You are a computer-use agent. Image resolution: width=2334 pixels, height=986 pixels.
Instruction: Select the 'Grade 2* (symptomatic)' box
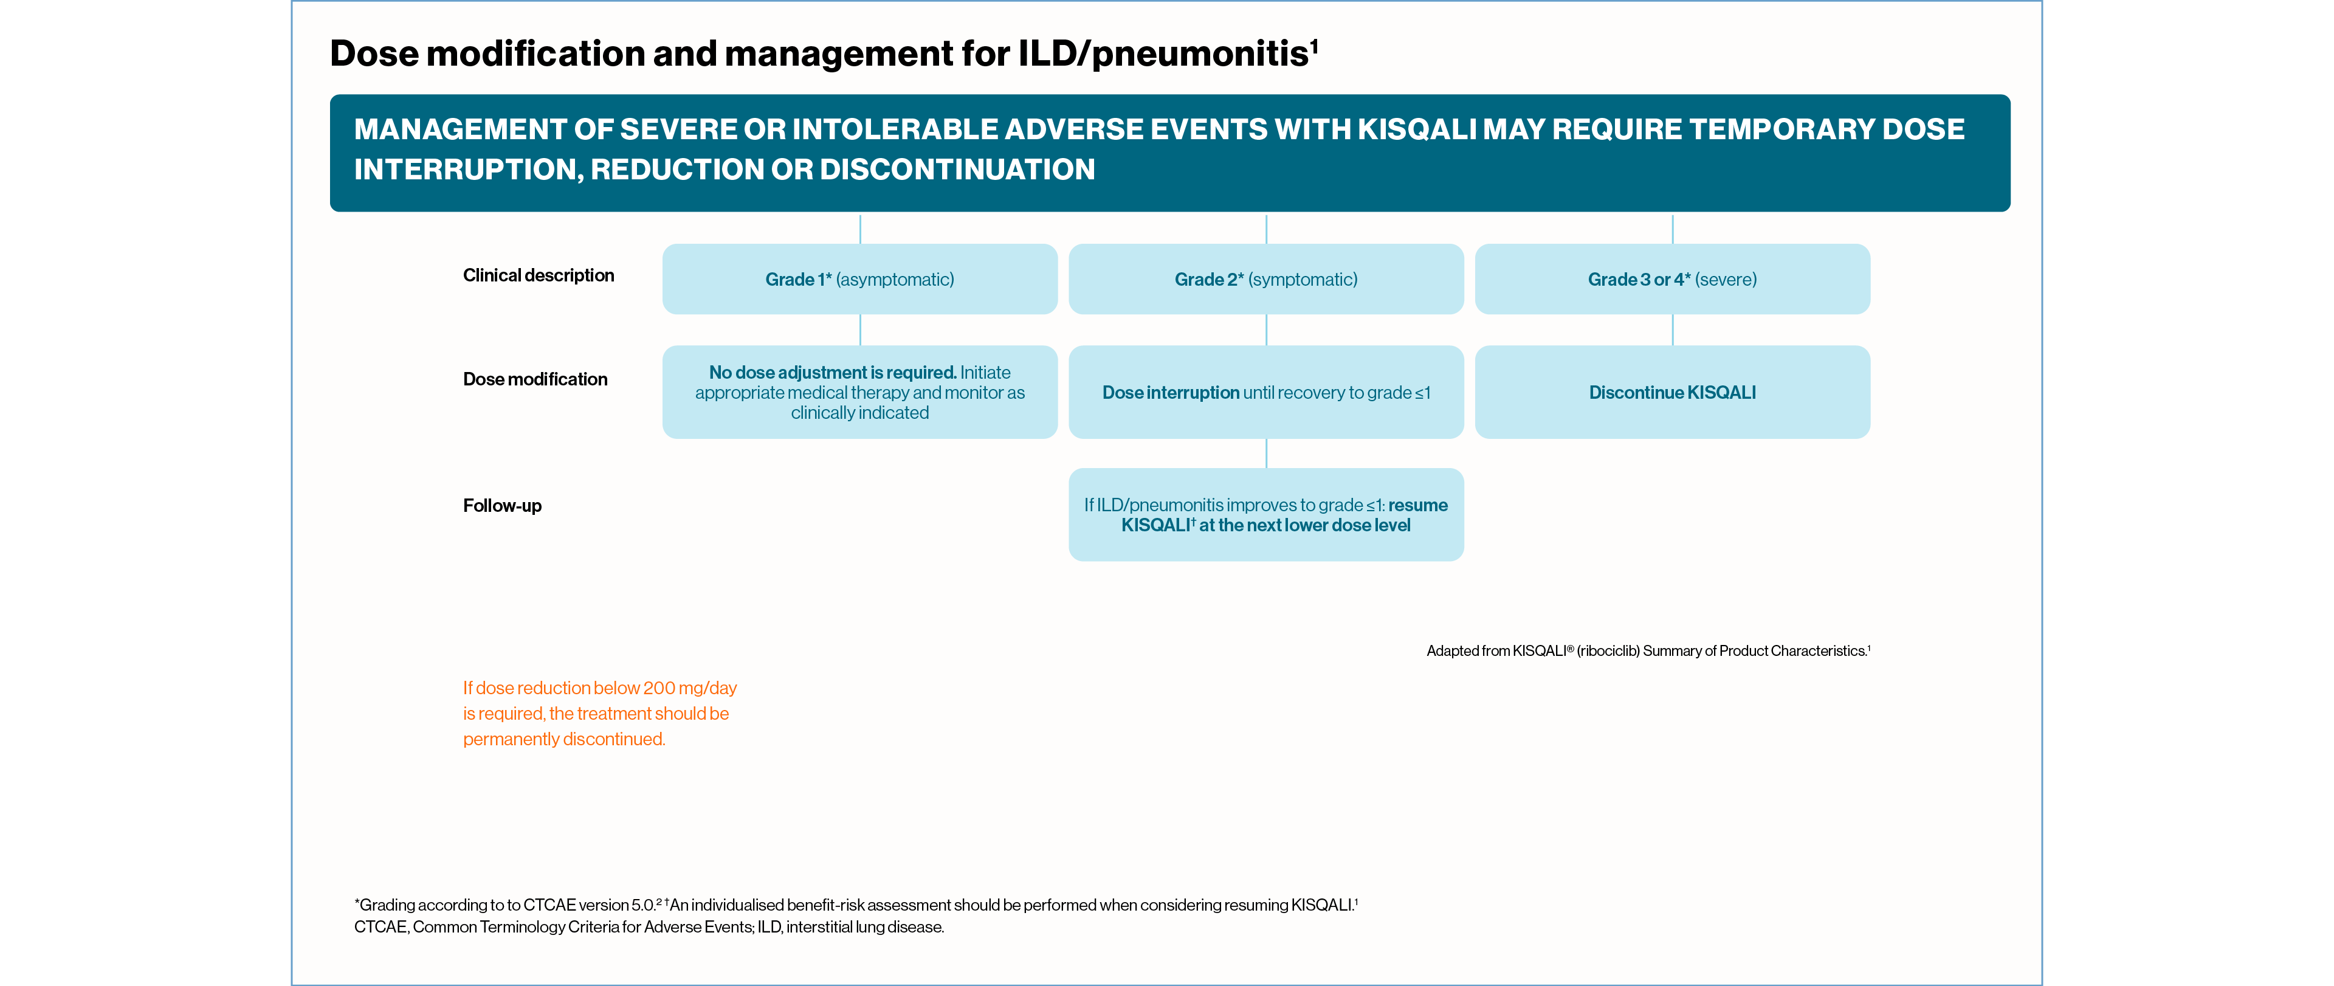click(x=1265, y=279)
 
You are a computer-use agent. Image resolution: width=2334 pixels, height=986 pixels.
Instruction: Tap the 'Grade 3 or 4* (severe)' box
click(x=1671, y=279)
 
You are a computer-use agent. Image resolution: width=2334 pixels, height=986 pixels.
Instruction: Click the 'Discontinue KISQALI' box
click(x=1671, y=393)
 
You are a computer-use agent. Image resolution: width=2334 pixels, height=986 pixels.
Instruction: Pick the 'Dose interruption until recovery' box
click(x=1265, y=393)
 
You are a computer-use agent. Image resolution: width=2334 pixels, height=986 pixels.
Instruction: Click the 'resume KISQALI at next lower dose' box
click(x=1265, y=515)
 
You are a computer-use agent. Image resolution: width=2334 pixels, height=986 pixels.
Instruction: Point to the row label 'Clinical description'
click(x=538, y=275)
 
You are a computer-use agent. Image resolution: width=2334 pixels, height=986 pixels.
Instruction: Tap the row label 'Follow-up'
click(x=502, y=506)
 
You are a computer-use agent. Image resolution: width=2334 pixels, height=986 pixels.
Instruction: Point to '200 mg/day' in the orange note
click(x=689, y=688)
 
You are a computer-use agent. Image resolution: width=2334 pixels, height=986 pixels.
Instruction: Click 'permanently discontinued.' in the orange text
click(x=563, y=739)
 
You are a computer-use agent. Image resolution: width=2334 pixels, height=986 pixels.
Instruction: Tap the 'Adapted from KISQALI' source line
click(x=1647, y=650)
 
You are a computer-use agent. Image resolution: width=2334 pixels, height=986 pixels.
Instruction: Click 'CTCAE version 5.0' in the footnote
click(x=589, y=905)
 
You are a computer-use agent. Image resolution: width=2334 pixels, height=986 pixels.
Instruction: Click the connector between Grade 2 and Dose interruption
click(x=1265, y=330)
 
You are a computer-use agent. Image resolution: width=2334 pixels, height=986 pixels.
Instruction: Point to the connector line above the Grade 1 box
click(x=860, y=229)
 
